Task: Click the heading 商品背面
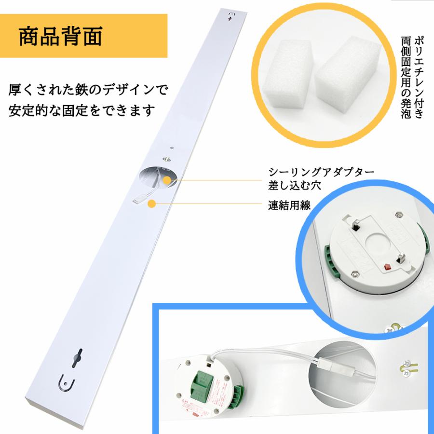point(61,37)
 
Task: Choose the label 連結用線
point(289,205)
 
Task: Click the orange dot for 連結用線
point(152,204)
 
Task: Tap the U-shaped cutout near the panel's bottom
point(66,383)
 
